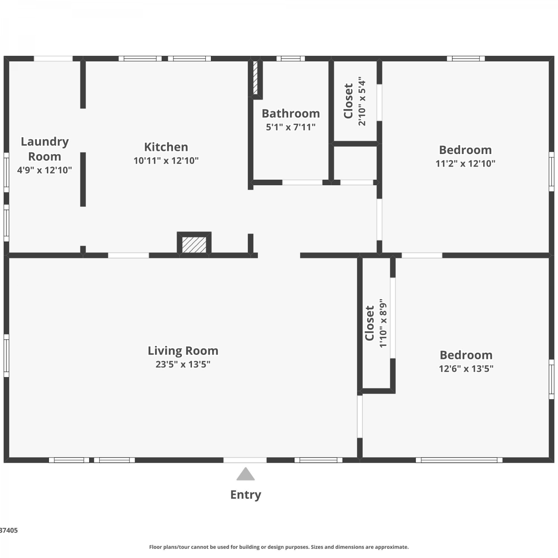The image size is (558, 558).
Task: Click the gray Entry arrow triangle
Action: pyautogui.click(x=246, y=474)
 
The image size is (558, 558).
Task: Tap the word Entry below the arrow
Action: pyautogui.click(x=246, y=495)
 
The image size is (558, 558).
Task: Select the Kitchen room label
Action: pyautogui.click(x=166, y=147)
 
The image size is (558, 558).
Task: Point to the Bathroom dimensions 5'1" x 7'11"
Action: pyautogui.click(x=291, y=127)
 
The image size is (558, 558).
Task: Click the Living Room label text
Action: pyautogui.click(x=183, y=351)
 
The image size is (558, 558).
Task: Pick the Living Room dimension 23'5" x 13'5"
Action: pyautogui.click(x=183, y=364)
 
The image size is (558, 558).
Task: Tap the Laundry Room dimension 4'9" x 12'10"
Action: pyautogui.click(x=45, y=170)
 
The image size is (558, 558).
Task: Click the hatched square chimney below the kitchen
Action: pyautogui.click(x=194, y=245)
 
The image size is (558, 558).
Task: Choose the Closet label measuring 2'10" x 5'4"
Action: pyautogui.click(x=348, y=101)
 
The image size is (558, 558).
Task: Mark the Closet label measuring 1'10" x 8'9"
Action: pyautogui.click(x=369, y=323)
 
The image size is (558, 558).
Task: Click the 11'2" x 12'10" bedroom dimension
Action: pyautogui.click(x=465, y=164)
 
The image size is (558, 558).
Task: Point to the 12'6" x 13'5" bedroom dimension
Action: pyautogui.click(x=466, y=369)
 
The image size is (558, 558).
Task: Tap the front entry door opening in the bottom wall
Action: pyautogui.click(x=245, y=460)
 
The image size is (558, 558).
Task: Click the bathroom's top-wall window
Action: pyautogui.click(x=291, y=58)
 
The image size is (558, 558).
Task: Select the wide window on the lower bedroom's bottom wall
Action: pyautogui.click(x=459, y=460)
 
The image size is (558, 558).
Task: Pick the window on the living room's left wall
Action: pyautogui.click(x=6, y=356)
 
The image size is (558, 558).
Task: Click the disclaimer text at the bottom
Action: pyautogui.click(x=279, y=547)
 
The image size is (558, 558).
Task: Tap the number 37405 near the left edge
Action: pyautogui.click(x=9, y=530)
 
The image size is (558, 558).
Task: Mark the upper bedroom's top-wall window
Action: pyautogui.click(x=466, y=58)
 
